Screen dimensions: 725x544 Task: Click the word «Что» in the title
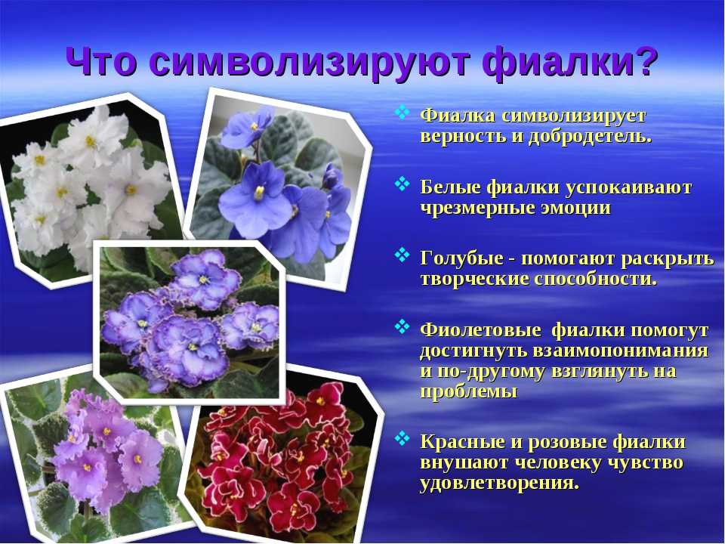(101, 61)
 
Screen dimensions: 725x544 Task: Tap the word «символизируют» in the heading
(310, 63)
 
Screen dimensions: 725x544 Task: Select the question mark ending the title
(643, 61)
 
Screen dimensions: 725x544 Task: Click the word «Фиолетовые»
(480, 330)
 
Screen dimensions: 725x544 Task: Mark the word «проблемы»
(468, 392)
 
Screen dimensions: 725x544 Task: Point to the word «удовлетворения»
(499, 484)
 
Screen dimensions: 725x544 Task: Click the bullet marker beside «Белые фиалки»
(403, 184)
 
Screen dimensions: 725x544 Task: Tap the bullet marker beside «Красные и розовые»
(403, 438)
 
